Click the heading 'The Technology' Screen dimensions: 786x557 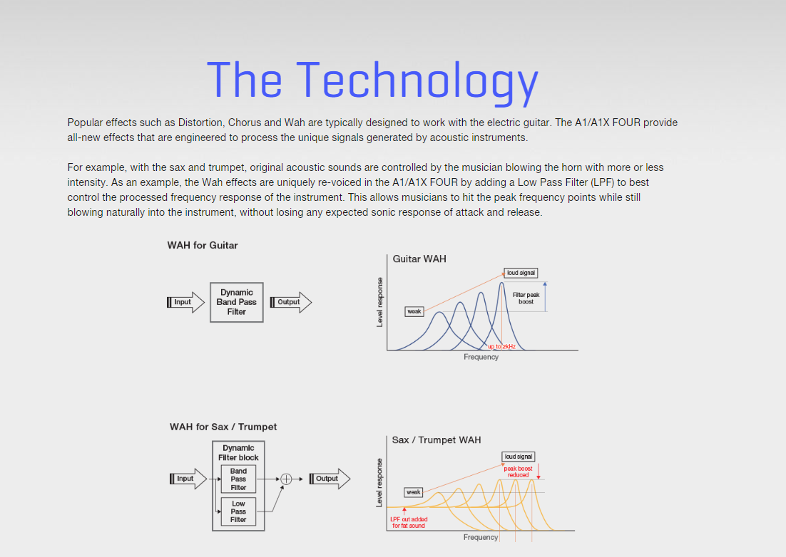[372, 80]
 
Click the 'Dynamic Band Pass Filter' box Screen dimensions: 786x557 [237, 302]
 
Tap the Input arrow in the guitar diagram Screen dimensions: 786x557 [185, 302]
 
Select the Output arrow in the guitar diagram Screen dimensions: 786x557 [291, 302]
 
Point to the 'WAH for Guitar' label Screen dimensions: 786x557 [203, 245]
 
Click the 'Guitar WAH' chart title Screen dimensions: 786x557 [419, 259]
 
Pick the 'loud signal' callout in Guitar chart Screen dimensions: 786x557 [521, 273]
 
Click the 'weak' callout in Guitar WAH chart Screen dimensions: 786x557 [414, 311]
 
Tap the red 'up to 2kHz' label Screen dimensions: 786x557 [501, 346]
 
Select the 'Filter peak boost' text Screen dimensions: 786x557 [526, 298]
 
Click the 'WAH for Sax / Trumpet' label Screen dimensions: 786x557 [223, 427]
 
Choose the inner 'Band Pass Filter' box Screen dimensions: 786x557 [239, 479]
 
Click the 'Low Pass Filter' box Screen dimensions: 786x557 [239, 511]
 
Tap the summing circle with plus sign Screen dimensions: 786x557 [286, 479]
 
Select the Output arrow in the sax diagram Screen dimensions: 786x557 [330, 479]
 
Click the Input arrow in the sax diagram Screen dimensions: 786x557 [188, 479]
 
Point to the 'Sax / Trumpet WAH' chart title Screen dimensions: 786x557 [436, 440]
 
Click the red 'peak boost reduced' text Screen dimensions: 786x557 [518, 472]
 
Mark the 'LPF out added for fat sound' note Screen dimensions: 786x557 [409, 523]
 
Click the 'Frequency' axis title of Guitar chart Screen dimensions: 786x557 [481, 357]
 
